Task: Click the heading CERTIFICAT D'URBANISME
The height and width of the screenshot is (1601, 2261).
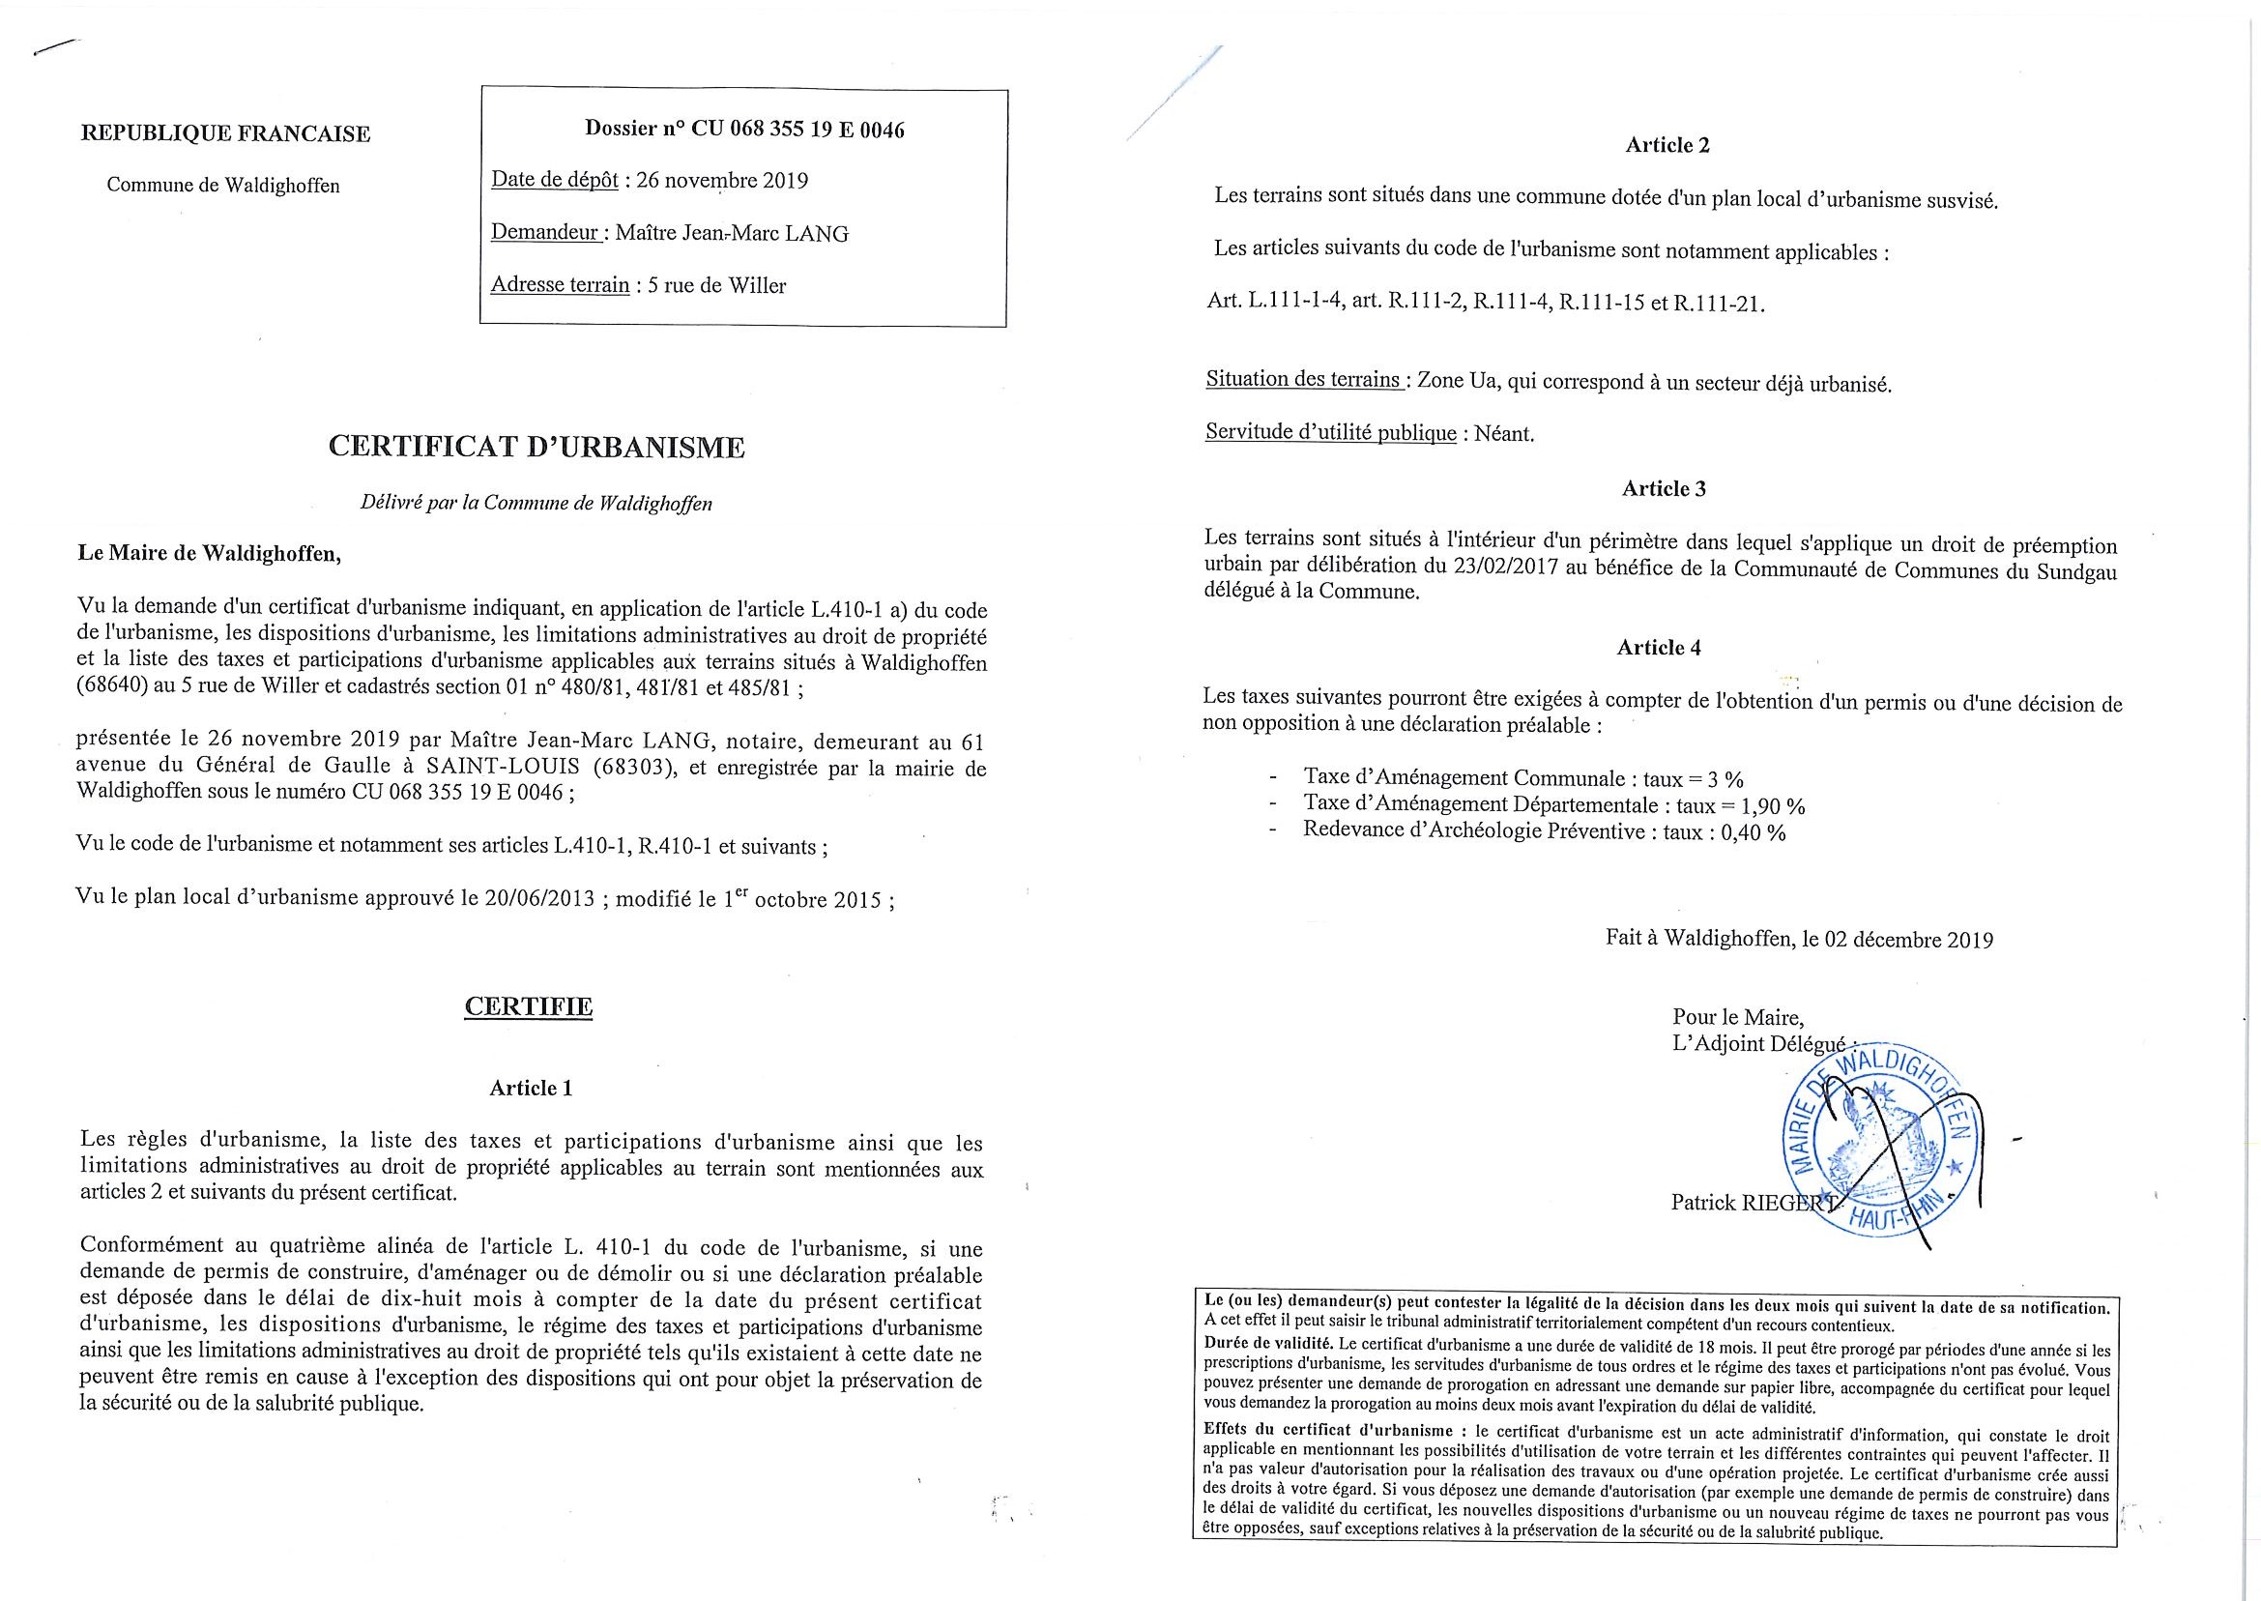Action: pyautogui.click(x=536, y=448)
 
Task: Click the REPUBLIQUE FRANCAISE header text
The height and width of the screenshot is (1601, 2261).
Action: pyautogui.click(x=225, y=134)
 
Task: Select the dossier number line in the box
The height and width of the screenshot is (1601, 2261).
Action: pyautogui.click(x=744, y=130)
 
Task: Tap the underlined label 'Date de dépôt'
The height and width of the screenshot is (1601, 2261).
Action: pyautogui.click(x=555, y=181)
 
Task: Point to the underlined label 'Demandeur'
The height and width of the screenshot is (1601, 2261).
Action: pyautogui.click(x=545, y=234)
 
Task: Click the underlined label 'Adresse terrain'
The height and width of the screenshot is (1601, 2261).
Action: pyautogui.click(x=560, y=286)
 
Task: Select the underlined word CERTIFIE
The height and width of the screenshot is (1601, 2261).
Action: pyautogui.click(x=529, y=1006)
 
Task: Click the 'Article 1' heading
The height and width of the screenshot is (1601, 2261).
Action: pyautogui.click(x=531, y=1089)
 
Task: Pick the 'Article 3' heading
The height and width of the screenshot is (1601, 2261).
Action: pyautogui.click(x=1664, y=489)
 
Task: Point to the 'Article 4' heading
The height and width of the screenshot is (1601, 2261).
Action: pyautogui.click(x=1659, y=648)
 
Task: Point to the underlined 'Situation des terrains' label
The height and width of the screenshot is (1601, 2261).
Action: pyautogui.click(x=1305, y=381)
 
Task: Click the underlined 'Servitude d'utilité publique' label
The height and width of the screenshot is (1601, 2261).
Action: pyautogui.click(x=1330, y=434)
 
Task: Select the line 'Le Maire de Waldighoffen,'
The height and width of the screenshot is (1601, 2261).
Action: pyautogui.click(x=210, y=553)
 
